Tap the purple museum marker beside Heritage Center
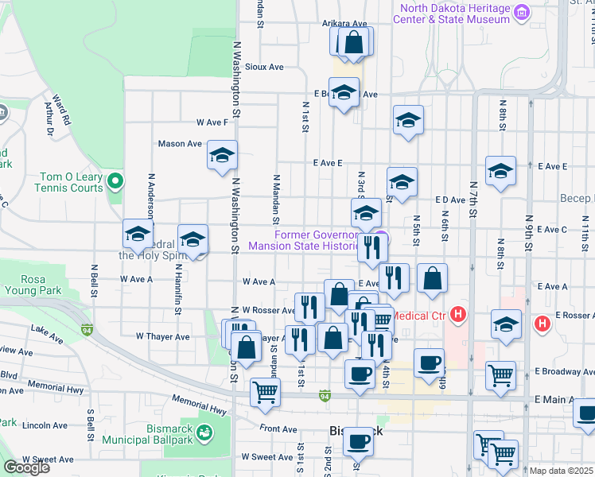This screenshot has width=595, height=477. tap(522, 13)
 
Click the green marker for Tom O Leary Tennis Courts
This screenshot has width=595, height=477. tap(115, 182)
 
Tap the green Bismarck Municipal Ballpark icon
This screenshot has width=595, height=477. tap(205, 433)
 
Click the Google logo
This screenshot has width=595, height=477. tap(26, 467)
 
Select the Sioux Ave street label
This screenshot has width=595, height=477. tap(264, 68)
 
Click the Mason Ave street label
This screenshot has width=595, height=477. tap(180, 144)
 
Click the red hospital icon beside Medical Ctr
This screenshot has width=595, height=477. tap(457, 316)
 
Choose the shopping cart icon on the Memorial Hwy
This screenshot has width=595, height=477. tap(265, 390)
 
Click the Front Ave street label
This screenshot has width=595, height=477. tap(278, 429)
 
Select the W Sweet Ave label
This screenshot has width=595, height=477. tap(48, 459)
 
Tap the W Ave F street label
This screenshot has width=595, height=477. tap(217, 122)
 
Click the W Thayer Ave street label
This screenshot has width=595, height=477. tap(162, 336)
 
